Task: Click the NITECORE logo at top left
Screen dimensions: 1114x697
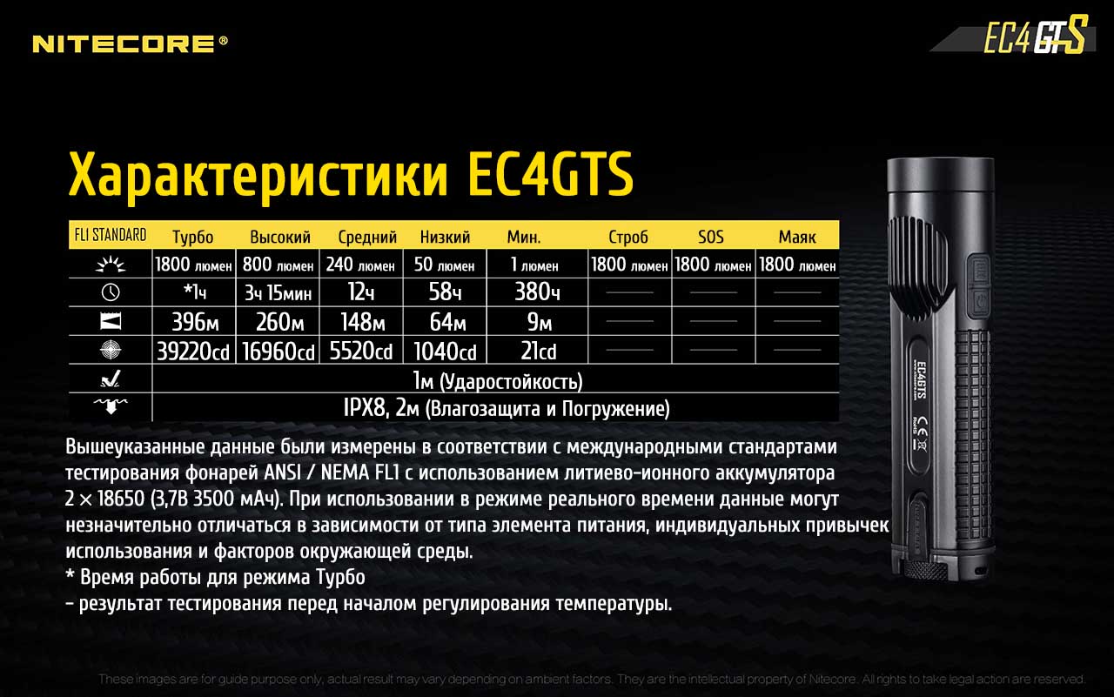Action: coord(130,44)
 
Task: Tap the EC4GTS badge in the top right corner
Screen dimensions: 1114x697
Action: coord(1035,35)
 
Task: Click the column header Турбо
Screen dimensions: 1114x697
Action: coord(193,237)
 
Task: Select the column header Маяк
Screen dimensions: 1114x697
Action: coord(796,237)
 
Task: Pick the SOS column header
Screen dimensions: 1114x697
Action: coord(711,237)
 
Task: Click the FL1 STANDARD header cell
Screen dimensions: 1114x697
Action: coord(111,235)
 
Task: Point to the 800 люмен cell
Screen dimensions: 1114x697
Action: coord(278,265)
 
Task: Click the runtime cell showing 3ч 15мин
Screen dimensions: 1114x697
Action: coord(278,293)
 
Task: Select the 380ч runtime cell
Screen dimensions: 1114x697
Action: coord(537,292)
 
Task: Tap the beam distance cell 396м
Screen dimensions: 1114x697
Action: coord(195,322)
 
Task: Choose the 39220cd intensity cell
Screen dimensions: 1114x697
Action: coord(193,351)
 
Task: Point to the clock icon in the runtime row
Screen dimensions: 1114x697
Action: coord(111,292)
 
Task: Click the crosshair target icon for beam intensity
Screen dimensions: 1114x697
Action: coord(111,350)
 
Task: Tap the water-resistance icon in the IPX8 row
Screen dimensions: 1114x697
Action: coord(111,406)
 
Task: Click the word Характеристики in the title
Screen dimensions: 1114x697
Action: coord(258,176)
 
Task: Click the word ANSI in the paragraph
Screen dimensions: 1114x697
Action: coord(283,472)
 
